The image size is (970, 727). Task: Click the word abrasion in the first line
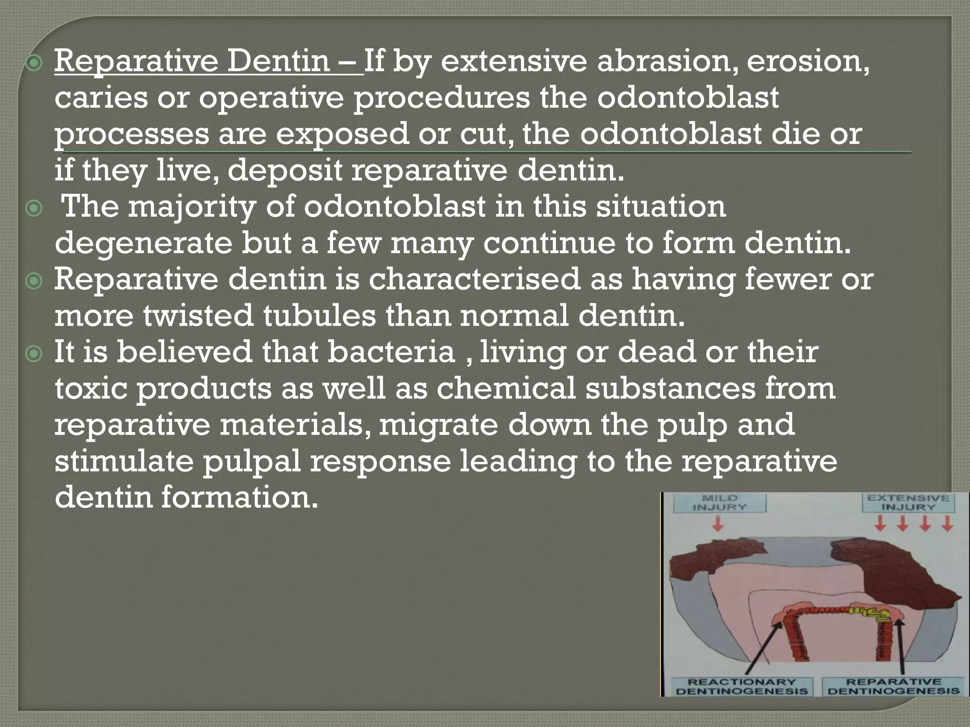(x=663, y=62)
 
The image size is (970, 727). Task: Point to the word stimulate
(x=124, y=461)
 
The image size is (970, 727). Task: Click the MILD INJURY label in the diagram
(x=720, y=503)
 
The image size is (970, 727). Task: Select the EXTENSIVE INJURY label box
(x=908, y=503)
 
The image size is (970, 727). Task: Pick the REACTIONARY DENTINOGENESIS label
(x=742, y=686)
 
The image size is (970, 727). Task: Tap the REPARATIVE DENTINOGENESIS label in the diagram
(x=894, y=686)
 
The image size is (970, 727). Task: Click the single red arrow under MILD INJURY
(x=719, y=523)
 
